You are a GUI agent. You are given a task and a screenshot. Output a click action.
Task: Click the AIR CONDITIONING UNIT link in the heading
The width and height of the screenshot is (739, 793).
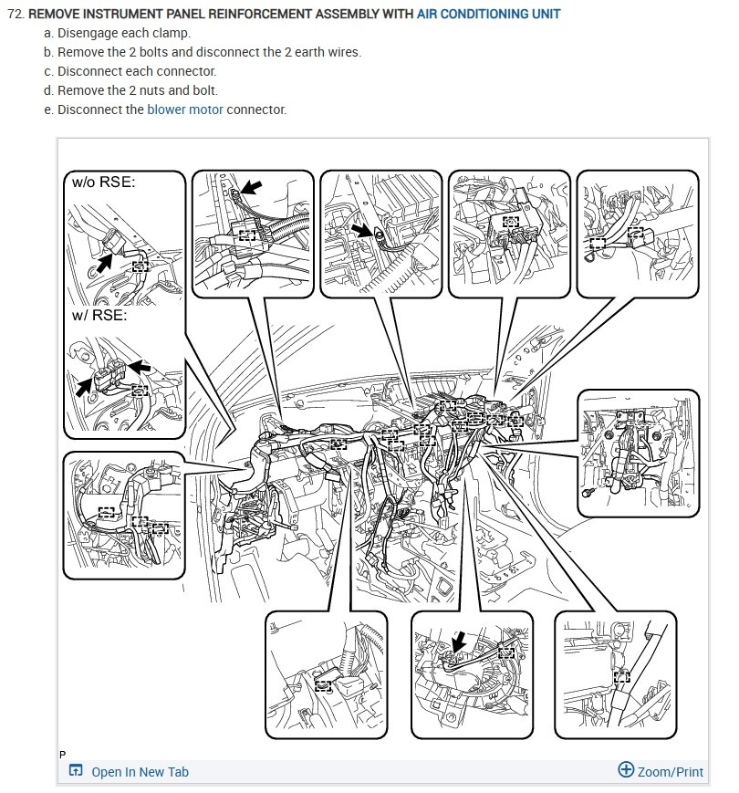click(489, 15)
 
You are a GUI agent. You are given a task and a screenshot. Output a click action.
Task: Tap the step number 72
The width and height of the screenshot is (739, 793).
click(14, 15)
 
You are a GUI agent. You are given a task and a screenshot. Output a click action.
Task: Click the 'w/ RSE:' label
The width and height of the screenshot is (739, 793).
click(99, 317)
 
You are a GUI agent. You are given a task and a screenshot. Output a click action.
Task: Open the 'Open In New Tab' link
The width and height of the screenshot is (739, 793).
click(140, 772)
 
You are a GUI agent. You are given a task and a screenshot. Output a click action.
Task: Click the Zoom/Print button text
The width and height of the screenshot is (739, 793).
click(671, 772)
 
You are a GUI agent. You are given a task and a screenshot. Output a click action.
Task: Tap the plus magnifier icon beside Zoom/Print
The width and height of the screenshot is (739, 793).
click(626, 769)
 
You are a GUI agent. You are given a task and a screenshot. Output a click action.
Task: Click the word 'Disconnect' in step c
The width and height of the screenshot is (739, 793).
click(89, 71)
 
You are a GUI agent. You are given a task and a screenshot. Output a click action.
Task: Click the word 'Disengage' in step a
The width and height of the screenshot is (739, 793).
click(88, 33)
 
